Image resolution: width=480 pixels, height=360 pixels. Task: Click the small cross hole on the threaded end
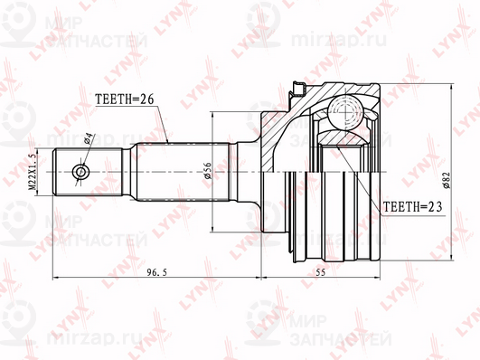point(80,170)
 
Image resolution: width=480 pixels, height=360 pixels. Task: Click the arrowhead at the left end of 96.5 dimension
point(56,272)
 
